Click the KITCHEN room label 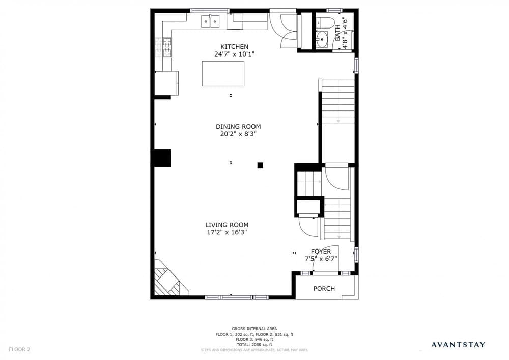234,47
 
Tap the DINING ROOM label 238,127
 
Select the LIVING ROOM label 227,225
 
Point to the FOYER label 321,251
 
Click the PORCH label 324,289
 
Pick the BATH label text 338,33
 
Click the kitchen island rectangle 223,73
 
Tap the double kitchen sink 210,21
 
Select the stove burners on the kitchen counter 163,47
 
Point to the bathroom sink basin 322,39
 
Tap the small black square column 260,165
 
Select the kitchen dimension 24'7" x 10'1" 234,54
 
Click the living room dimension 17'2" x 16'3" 227,232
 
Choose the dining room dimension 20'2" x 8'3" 238,134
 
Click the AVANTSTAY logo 458,345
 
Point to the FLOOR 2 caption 19,350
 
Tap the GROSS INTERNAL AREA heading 254,329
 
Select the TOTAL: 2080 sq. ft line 254,345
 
